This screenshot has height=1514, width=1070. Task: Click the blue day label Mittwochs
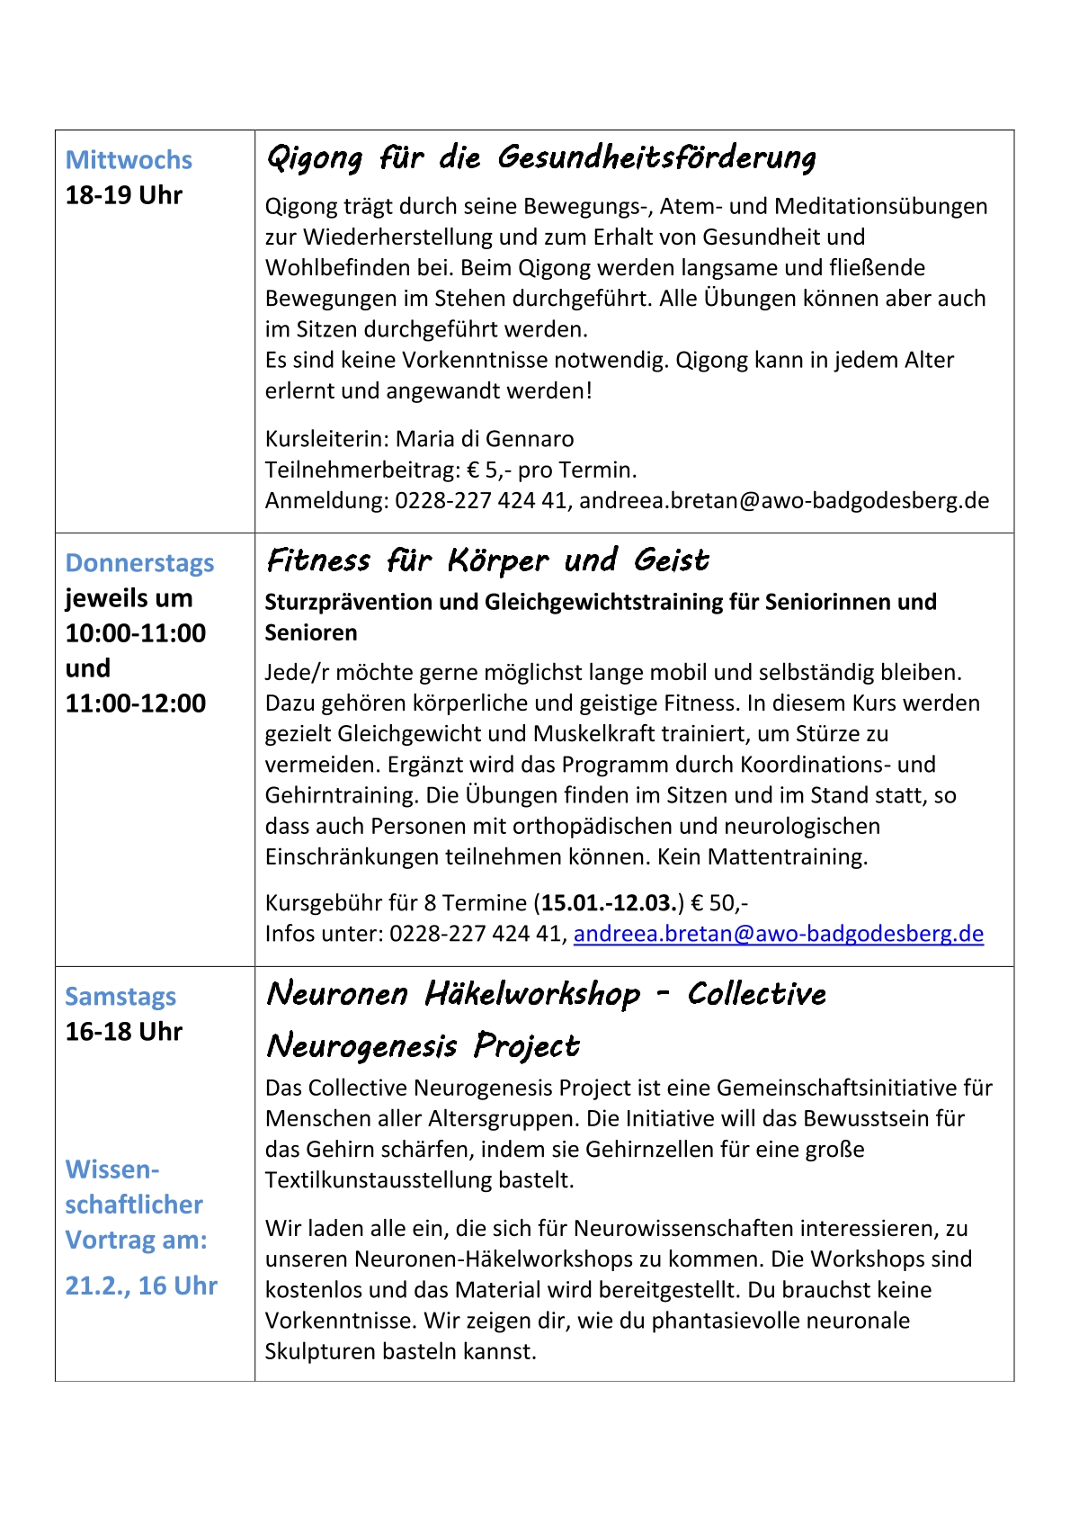click(x=129, y=160)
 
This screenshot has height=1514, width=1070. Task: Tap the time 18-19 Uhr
click(x=123, y=195)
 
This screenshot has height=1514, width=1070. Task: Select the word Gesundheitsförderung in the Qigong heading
click(x=656, y=157)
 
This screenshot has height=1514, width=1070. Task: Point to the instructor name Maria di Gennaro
click(x=485, y=439)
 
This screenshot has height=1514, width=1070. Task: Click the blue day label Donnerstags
click(x=139, y=563)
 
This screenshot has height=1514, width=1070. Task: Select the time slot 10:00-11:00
click(x=136, y=633)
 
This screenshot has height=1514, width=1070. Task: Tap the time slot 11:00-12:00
click(x=136, y=703)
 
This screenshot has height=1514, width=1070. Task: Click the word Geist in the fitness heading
click(x=671, y=560)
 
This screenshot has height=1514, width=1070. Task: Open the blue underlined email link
click(x=778, y=934)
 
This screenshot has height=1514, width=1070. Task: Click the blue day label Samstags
click(x=120, y=997)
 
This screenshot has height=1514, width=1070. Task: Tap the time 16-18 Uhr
click(x=123, y=1032)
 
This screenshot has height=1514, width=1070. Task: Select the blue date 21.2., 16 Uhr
click(x=141, y=1286)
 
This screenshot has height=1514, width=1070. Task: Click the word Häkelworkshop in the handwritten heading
click(x=532, y=994)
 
